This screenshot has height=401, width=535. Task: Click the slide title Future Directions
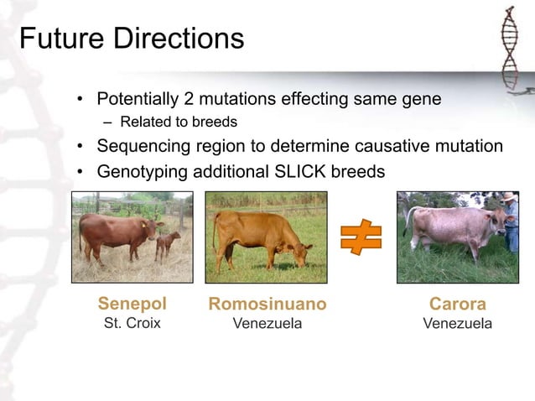click(x=132, y=39)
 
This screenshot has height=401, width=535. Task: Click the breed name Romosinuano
click(x=267, y=304)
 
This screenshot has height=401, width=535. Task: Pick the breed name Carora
click(x=457, y=304)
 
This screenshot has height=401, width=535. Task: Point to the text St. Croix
click(x=132, y=323)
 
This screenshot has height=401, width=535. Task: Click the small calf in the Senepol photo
click(x=168, y=244)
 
